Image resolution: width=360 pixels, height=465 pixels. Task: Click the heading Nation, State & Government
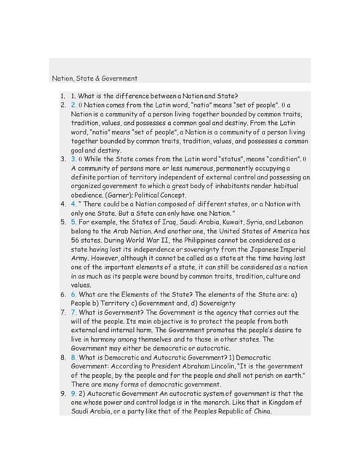pyautogui.click(x=95, y=78)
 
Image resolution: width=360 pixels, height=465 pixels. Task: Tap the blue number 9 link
pyautogui.click(x=73, y=391)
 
